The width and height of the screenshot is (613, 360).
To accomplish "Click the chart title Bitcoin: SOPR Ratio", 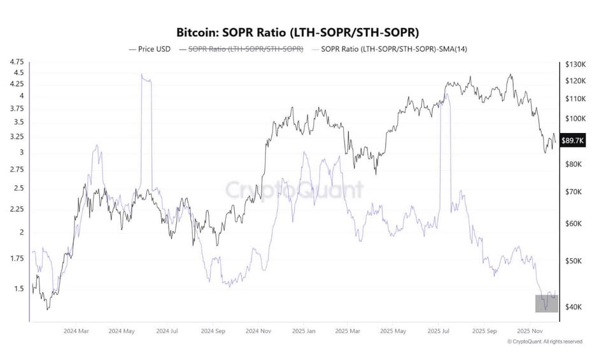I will click(306, 31).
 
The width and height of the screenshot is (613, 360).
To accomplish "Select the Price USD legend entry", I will click(150, 49).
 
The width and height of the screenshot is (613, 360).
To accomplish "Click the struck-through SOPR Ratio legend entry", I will click(241, 49).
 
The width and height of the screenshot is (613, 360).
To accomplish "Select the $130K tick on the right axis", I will click(574, 64).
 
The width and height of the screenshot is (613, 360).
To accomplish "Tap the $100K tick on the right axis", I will click(574, 119).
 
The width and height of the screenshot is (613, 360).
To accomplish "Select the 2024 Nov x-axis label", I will click(260, 331).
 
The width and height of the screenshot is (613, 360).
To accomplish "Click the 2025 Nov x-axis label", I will click(532, 331).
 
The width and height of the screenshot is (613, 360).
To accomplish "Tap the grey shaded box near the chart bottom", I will click(546, 303).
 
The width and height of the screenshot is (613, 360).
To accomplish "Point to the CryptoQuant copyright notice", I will click(544, 342).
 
